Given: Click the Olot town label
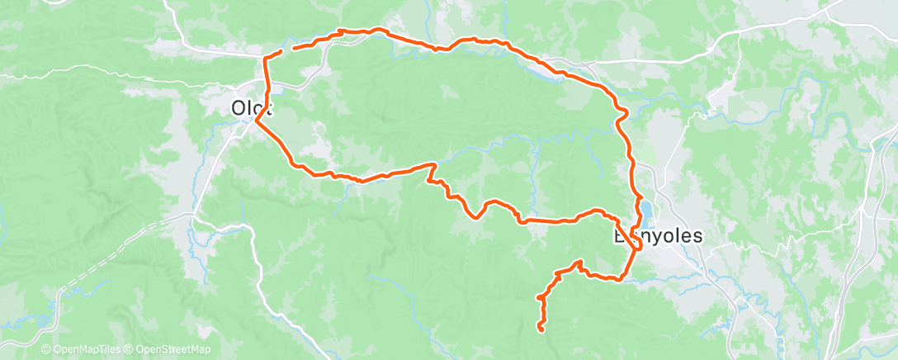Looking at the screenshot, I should point(253,108).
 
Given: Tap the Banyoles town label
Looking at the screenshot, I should point(658,236).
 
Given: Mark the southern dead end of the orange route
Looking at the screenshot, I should point(541,329).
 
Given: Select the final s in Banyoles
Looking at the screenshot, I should point(697,236).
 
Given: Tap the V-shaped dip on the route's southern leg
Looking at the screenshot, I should point(476,217).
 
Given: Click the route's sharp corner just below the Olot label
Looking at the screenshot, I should point(258,121).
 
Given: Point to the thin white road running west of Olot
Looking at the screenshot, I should point(124,76).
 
